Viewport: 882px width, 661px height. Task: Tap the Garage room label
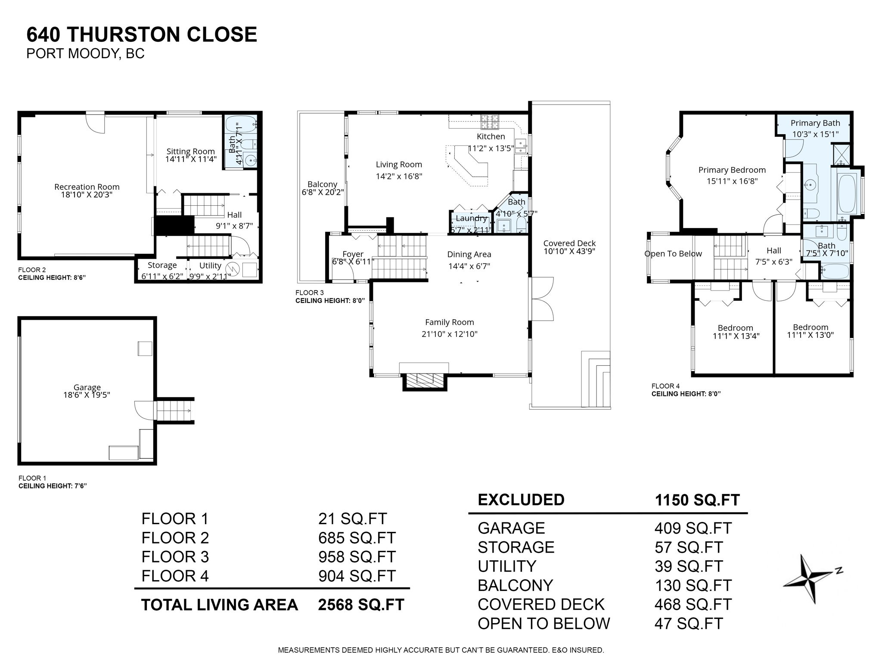pyautogui.click(x=87, y=387)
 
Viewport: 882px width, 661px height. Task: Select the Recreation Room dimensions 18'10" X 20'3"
pyautogui.click(x=87, y=195)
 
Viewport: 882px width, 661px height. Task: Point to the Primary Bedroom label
pyautogui.click(x=732, y=170)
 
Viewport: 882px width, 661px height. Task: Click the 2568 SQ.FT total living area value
pyautogui.click(x=361, y=605)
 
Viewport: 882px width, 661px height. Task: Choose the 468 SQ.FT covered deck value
pyautogui.click(x=693, y=604)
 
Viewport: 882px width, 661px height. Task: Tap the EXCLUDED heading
pyautogui.click(x=521, y=500)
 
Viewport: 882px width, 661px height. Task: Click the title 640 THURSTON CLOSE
pyautogui.click(x=142, y=34)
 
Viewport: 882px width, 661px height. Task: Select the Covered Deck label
pyautogui.click(x=569, y=243)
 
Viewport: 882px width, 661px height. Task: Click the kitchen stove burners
pyautogui.click(x=490, y=122)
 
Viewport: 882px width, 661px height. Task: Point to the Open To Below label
pyautogui.click(x=673, y=254)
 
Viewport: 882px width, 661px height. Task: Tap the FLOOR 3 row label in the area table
pyautogui.click(x=175, y=557)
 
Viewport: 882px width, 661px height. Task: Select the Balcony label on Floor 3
pyautogui.click(x=322, y=184)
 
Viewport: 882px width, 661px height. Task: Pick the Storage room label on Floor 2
pyautogui.click(x=162, y=265)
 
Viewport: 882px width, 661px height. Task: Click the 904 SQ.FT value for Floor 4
pyautogui.click(x=357, y=576)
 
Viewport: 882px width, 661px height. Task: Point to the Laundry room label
pyautogui.click(x=471, y=218)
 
